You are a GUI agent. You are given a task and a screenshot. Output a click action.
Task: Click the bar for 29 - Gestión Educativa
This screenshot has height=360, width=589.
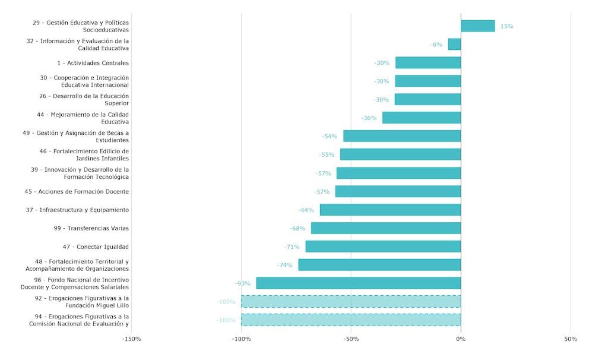(477, 26)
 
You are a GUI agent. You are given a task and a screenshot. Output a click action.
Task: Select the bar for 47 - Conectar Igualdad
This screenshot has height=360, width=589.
(383, 247)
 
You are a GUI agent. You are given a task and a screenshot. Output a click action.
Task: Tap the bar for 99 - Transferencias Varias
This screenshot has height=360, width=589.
(386, 228)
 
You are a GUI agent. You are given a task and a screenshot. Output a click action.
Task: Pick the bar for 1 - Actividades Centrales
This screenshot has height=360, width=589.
(428, 63)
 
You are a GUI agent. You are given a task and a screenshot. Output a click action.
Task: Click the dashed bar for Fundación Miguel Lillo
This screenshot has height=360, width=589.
(351, 302)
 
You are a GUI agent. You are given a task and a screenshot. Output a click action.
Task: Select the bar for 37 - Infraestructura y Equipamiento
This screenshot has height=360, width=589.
(390, 210)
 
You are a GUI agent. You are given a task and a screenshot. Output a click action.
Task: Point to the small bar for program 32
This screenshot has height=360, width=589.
(454, 45)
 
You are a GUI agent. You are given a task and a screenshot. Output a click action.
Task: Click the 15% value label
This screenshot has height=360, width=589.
(506, 26)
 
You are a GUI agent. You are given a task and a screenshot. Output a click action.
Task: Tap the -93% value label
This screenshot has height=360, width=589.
(243, 283)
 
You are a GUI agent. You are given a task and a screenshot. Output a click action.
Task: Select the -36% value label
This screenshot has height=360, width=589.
(369, 118)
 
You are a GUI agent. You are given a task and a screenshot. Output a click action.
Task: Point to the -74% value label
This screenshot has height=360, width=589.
(285, 265)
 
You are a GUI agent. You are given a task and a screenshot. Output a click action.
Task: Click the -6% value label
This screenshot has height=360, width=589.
(436, 45)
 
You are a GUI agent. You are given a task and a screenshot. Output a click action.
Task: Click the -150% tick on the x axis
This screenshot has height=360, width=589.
(131, 339)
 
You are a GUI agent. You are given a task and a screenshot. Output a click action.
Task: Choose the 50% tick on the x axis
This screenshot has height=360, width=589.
(571, 339)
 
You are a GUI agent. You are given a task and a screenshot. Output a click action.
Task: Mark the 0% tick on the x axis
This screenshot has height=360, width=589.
(461, 339)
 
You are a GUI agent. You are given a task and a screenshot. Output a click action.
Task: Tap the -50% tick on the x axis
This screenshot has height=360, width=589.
(351, 339)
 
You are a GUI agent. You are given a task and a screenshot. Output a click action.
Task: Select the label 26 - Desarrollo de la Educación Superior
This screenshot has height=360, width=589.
(84, 99)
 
